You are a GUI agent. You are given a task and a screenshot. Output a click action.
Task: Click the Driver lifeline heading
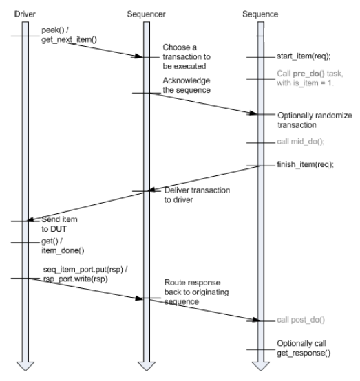coord(23,12)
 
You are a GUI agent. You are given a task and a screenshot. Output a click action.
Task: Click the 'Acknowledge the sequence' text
coord(185,85)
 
